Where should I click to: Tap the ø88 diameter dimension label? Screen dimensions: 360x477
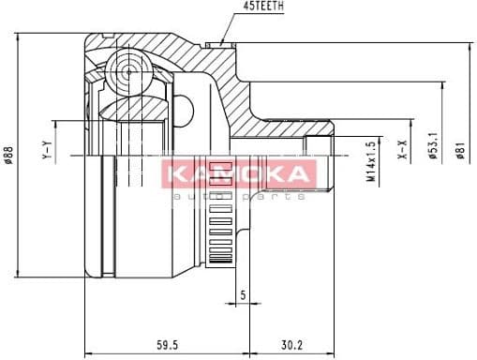[x=8, y=155]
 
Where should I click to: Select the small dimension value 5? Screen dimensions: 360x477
[x=243, y=296]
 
